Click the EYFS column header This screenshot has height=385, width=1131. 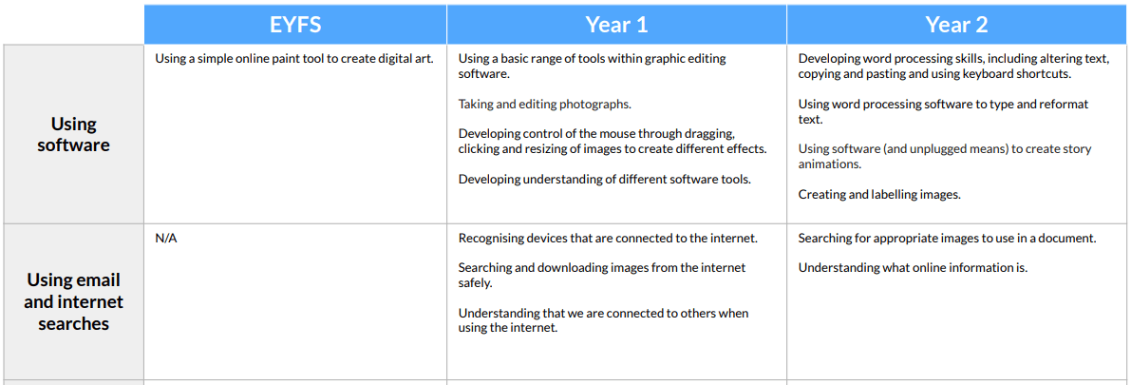[x=295, y=25]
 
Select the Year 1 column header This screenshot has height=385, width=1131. [x=616, y=25]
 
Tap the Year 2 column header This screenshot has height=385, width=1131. [x=957, y=25]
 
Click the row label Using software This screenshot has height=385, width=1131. [x=73, y=134]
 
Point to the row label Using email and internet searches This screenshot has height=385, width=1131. [x=73, y=302]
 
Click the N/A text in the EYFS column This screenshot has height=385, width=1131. [x=166, y=239]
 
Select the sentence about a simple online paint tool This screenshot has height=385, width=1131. [x=294, y=59]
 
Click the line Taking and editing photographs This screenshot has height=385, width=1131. [x=544, y=104]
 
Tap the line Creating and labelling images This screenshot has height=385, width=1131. [x=879, y=194]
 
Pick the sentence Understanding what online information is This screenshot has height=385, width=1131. [x=913, y=268]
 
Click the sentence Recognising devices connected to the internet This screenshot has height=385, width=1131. [x=608, y=239]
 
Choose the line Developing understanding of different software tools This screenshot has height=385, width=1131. [x=605, y=179]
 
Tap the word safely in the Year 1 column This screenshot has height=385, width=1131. [x=475, y=283]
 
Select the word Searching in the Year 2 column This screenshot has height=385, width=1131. [x=823, y=239]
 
